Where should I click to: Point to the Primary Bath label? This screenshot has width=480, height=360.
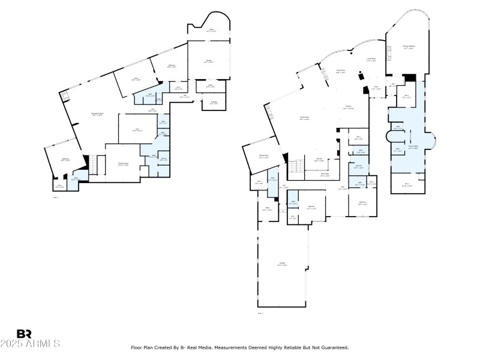(x=413, y=146)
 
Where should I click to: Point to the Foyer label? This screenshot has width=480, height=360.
(x=374, y=88)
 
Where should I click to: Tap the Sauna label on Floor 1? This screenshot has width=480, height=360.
(x=163, y=159)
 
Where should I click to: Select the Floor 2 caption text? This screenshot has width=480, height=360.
(x=260, y=313)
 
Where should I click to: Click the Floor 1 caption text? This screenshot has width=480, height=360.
(x=56, y=196)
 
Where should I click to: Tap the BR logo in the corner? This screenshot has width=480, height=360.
(x=24, y=334)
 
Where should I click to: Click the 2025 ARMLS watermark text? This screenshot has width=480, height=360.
(x=30, y=344)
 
